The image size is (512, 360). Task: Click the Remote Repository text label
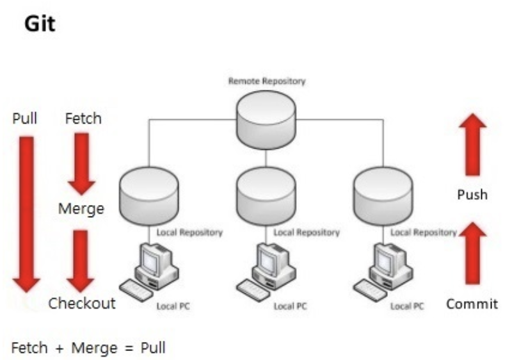coord(267,81)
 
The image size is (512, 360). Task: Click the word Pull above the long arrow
coord(25,119)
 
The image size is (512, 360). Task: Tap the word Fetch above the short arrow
coord(83,119)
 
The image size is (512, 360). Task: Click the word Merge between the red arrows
coord(81,209)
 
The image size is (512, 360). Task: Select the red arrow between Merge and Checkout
coord(81,259)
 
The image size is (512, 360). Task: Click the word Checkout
coord(82,303)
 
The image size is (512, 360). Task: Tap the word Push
coord(472,194)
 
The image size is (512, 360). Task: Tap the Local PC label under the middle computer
coord(291,306)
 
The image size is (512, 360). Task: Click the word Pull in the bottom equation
coord(153,348)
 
